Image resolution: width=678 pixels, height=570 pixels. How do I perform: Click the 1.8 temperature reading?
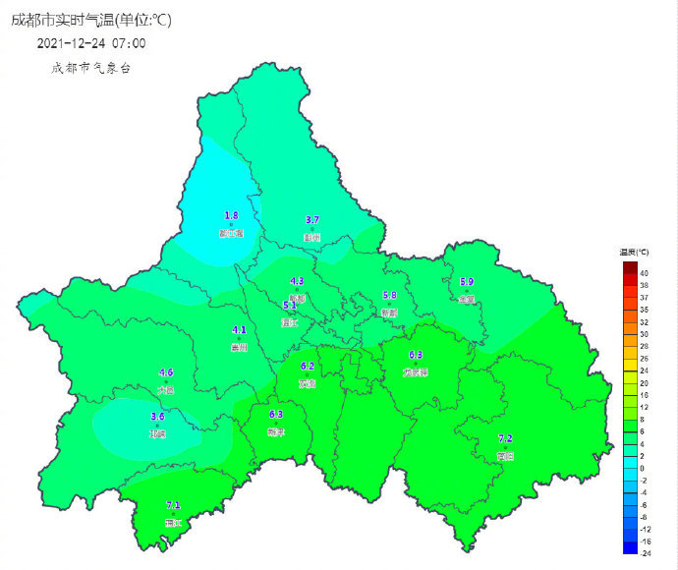click(x=232, y=214)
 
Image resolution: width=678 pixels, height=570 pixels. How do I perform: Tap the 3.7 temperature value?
click(x=312, y=219)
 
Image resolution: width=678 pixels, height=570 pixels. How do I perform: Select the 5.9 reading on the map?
click(x=467, y=282)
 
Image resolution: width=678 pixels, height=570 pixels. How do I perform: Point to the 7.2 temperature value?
click(x=505, y=438)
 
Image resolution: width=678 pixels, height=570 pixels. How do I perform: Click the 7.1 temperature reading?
click(x=173, y=505)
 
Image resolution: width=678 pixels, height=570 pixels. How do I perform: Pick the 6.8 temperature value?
click(x=416, y=355)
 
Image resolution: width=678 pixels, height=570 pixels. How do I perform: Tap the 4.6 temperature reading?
click(x=166, y=372)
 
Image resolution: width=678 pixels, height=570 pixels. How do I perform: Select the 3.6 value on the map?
click(x=157, y=417)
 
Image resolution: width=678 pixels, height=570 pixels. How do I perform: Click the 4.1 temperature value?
click(x=239, y=330)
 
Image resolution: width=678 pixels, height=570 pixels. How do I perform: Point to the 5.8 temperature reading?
click(x=389, y=295)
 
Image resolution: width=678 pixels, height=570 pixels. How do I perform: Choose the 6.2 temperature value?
click(x=308, y=366)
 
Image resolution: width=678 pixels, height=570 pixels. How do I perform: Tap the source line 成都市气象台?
click(x=90, y=68)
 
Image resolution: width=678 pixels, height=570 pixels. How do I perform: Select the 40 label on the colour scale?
click(x=644, y=272)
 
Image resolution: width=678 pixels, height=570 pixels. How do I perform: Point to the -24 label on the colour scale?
click(x=644, y=553)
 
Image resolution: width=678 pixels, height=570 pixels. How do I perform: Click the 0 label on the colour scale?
click(x=642, y=468)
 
